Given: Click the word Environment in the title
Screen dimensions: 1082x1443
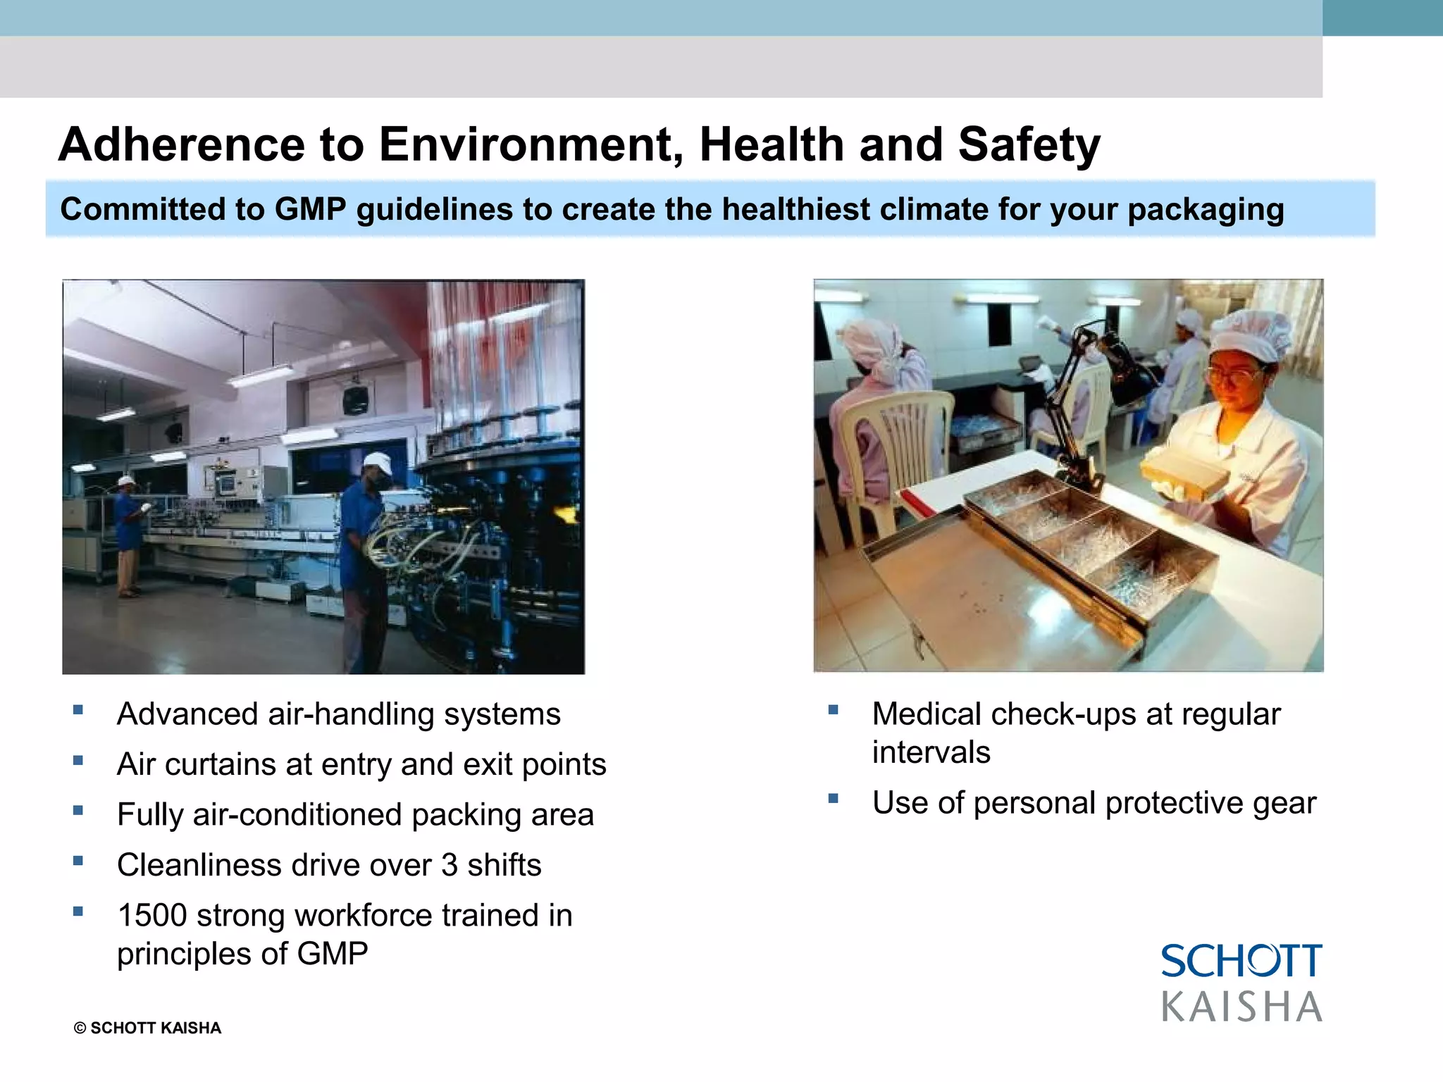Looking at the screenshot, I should coord(532,144).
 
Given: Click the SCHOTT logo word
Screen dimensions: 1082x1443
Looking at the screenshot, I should coord(1241,962).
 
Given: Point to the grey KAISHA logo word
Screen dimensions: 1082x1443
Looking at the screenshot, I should coord(1241,1007).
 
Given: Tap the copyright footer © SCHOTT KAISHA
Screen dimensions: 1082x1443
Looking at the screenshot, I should coord(147,1028).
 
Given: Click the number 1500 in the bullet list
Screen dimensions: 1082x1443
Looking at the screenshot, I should coord(151,916).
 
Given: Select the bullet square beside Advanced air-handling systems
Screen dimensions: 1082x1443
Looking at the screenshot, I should coord(78,710).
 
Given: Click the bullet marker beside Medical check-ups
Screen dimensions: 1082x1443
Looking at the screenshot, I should coord(834,710).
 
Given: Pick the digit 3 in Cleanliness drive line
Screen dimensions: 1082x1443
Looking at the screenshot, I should coord(450,865).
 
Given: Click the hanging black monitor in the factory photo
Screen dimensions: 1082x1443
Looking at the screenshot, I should coord(355,399).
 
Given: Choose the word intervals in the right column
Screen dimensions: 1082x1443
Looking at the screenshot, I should coord(931,752).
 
